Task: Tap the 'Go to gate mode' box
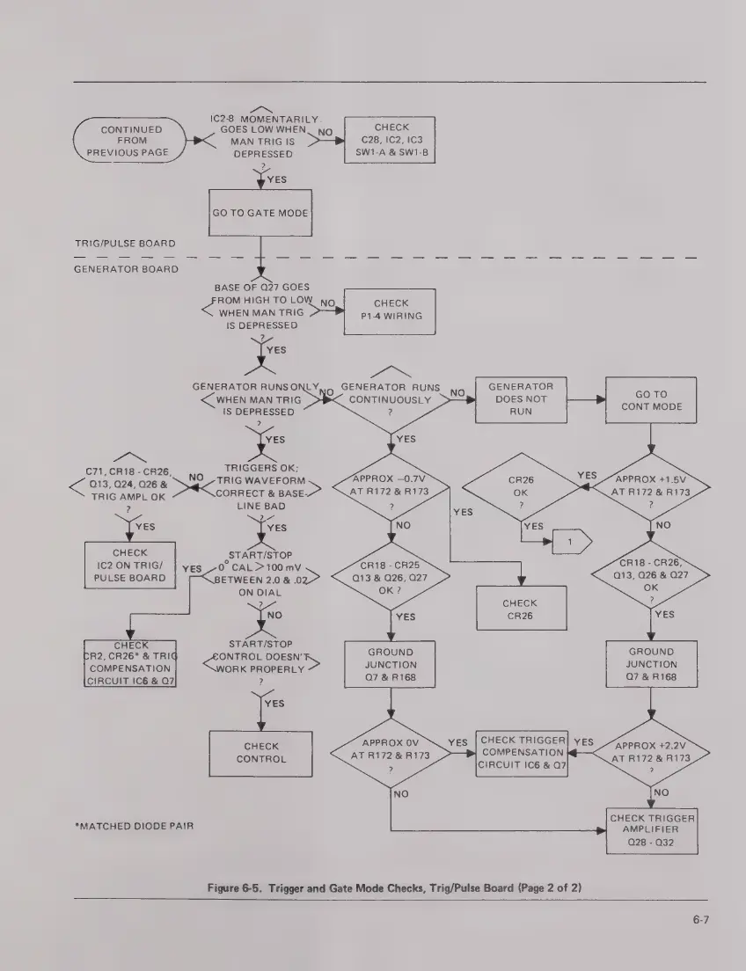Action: (x=260, y=213)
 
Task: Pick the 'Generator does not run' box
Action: (x=521, y=398)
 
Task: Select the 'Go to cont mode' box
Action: (x=650, y=400)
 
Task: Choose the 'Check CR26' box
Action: (x=521, y=610)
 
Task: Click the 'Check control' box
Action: (x=260, y=753)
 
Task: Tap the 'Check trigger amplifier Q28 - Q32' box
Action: (x=653, y=829)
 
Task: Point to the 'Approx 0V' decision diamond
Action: (x=390, y=755)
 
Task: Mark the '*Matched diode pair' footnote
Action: (x=134, y=826)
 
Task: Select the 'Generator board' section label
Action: (x=126, y=268)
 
